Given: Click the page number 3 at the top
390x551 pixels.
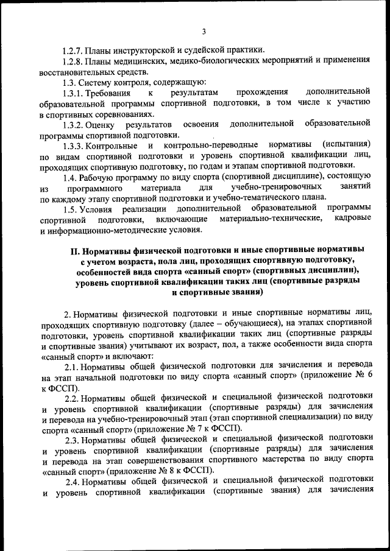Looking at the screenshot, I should (x=204, y=32).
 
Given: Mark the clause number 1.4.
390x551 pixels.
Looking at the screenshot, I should (x=70, y=177).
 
